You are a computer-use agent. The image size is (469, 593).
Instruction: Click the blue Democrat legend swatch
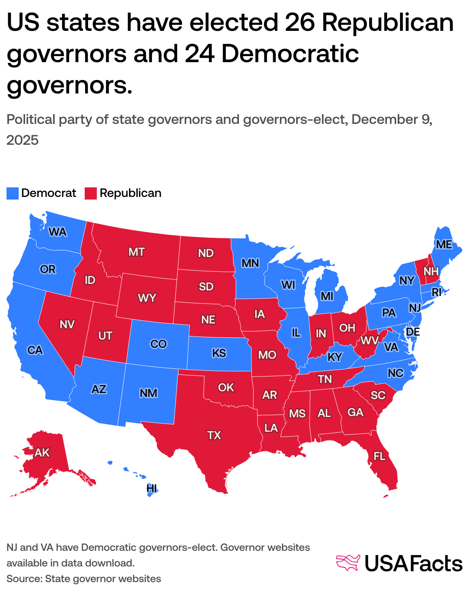13,193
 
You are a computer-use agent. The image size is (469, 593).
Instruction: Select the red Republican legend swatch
91,193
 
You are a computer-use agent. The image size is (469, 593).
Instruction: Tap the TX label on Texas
214,435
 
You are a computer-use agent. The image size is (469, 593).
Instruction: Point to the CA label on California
35,350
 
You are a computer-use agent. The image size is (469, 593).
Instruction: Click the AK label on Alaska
42,453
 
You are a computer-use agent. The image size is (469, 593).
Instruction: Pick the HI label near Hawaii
152,488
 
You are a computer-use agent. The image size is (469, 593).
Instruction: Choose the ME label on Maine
444,244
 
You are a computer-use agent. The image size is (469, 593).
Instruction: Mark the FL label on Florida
380,456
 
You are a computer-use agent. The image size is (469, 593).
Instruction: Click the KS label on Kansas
219,353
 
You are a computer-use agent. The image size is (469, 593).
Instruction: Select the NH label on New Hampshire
431,272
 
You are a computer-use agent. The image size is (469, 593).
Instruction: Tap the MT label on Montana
136,252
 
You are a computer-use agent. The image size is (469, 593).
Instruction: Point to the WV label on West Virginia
370,340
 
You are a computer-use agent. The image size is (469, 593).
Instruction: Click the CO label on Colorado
159,344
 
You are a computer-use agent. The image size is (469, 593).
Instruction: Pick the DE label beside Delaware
413,332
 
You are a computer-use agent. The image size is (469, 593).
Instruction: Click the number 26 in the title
300,23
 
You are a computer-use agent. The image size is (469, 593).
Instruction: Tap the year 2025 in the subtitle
23,140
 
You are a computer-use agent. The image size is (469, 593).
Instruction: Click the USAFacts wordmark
413,564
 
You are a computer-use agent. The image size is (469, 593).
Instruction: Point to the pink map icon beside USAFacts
348,563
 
